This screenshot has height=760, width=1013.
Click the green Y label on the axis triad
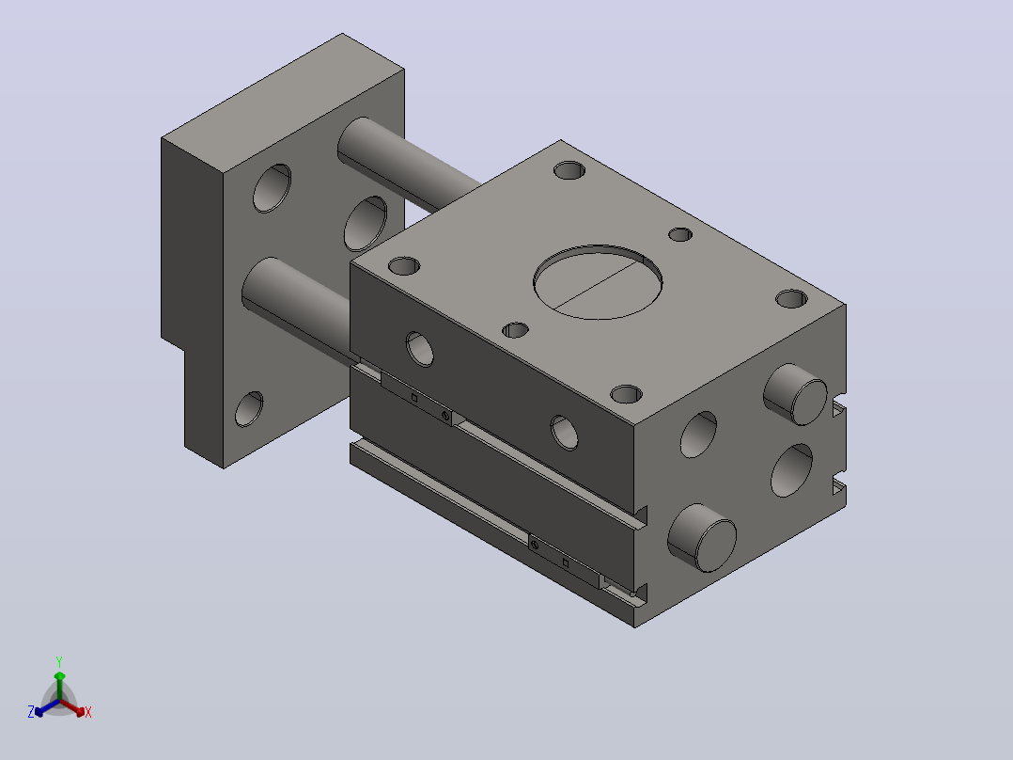coord(59,662)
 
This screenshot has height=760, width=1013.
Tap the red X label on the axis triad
coord(88,712)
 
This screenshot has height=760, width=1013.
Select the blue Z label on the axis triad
coord(31,712)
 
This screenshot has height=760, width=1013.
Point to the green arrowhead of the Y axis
coord(59,676)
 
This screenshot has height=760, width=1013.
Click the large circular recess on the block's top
coord(598,282)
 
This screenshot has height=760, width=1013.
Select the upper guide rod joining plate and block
coord(408,165)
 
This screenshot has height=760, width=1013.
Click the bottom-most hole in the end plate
coord(249,409)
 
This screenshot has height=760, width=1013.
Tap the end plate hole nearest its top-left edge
coord(272,188)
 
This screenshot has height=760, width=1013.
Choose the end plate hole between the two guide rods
coord(366,224)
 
